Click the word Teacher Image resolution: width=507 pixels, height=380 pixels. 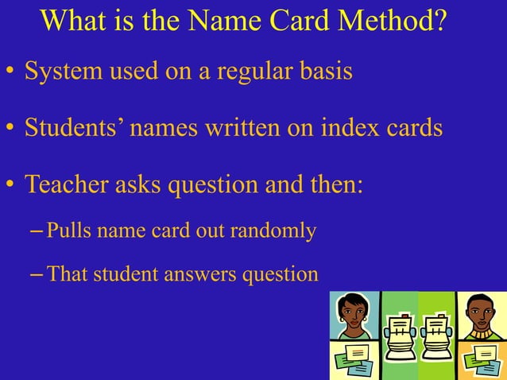point(66,184)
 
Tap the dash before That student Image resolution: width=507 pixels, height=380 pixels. point(37,274)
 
